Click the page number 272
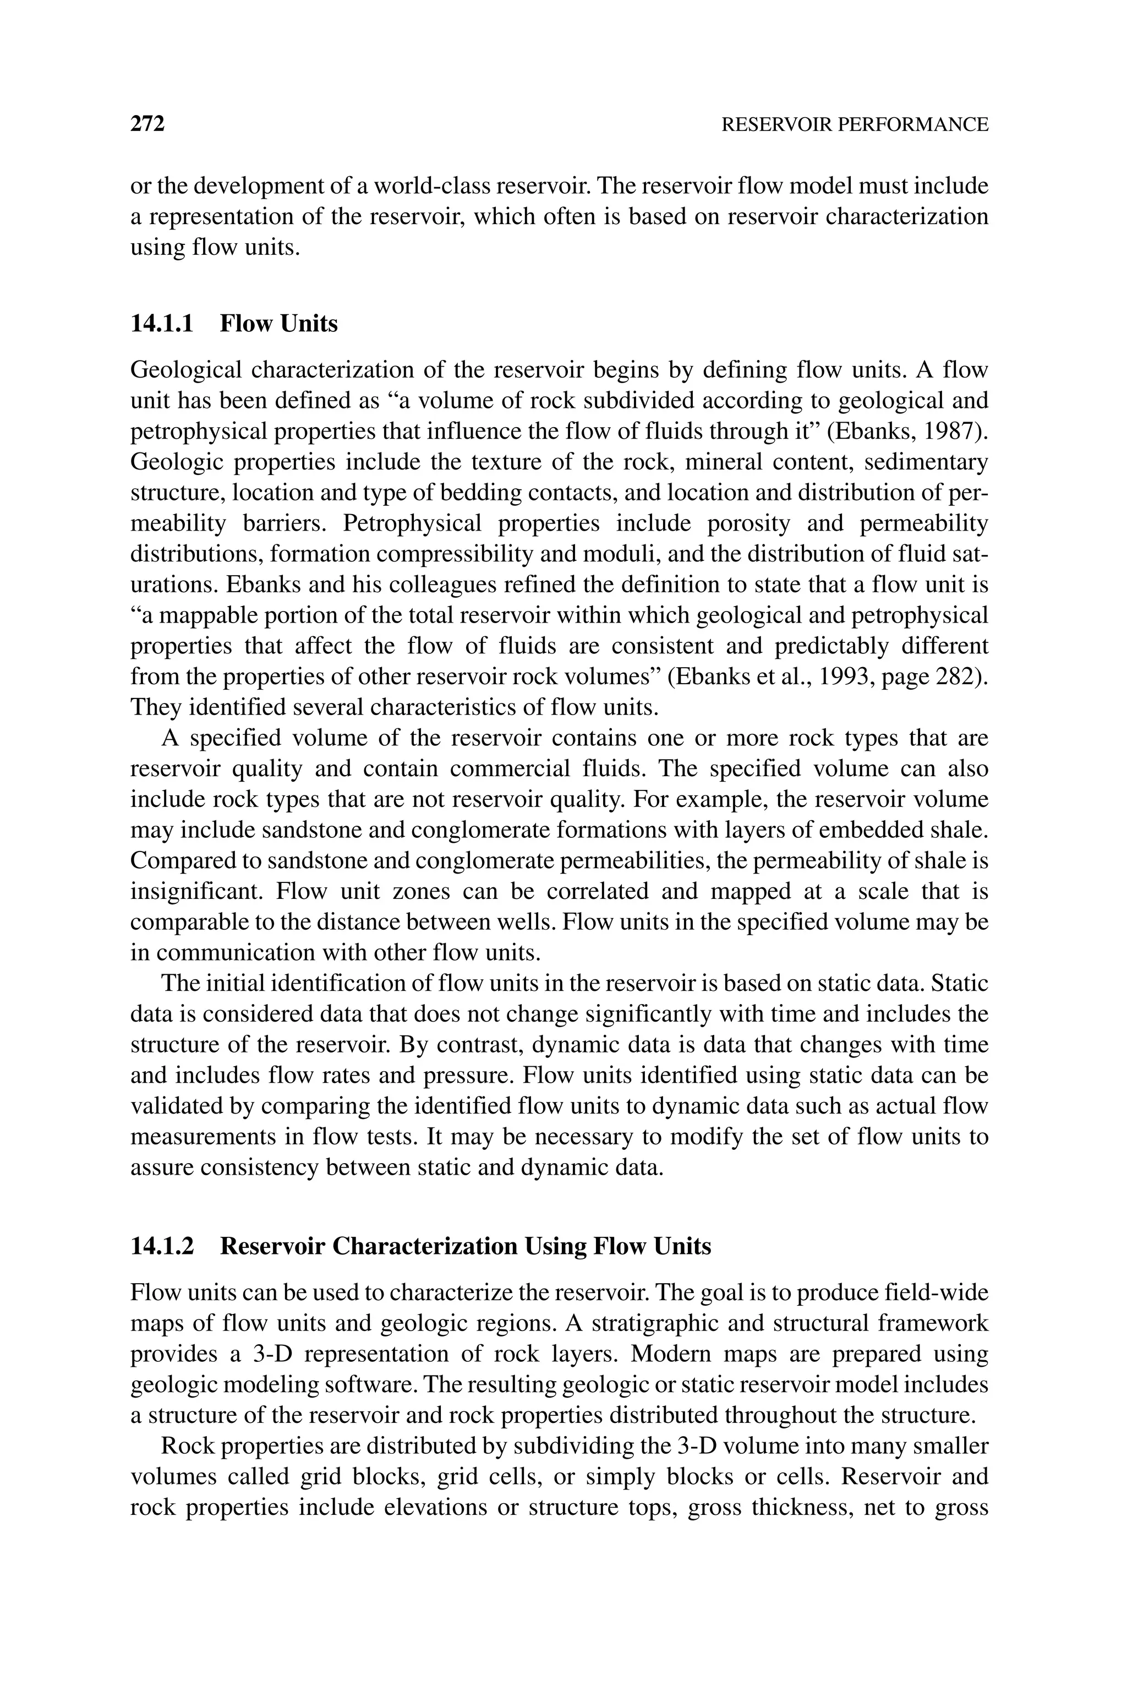coord(147,124)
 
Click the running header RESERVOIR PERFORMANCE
coord(854,125)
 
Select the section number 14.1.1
coord(162,324)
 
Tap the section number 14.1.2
coord(162,1246)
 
